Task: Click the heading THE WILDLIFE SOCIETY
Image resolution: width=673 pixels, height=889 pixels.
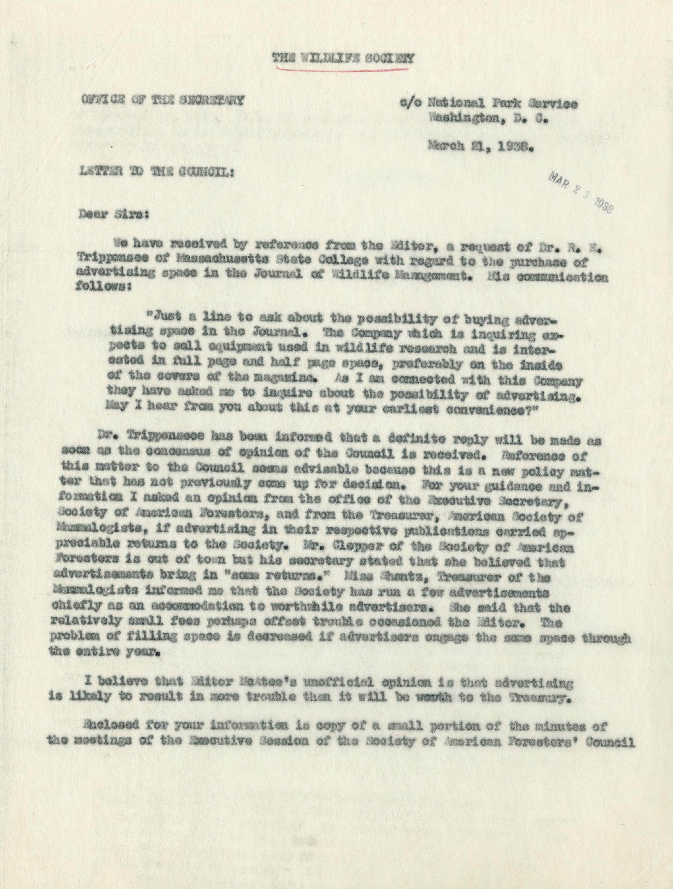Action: (343, 58)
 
